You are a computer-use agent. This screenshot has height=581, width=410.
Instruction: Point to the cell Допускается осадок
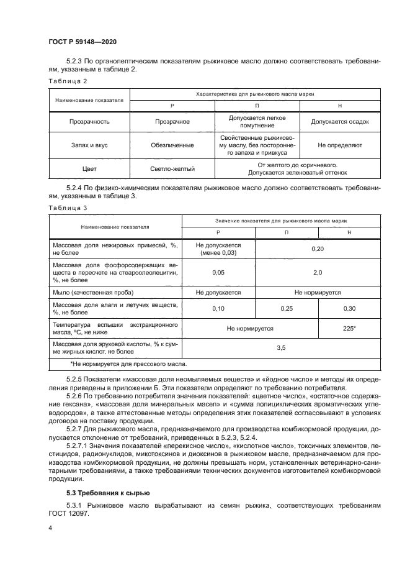[339, 122]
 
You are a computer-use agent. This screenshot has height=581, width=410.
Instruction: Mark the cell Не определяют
[339, 145]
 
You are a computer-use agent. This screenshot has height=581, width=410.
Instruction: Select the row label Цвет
[89, 168]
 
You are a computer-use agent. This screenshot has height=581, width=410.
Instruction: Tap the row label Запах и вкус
[89, 145]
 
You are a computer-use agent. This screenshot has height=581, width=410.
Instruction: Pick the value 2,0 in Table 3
[318, 272]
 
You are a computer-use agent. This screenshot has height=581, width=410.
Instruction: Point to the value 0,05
[218, 272]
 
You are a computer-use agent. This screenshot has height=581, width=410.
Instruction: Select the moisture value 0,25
[287, 308]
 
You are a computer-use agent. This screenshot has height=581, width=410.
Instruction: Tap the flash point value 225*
[349, 328]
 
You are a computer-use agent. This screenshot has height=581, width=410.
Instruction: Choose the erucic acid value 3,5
[280, 348]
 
